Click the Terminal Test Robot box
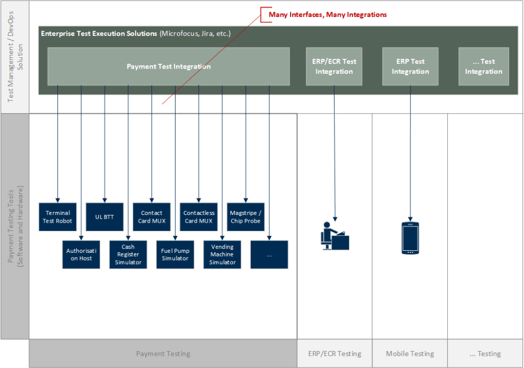click(57, 217)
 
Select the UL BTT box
click(104, 217)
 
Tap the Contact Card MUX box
click(151, 217)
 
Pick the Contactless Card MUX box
click(199, 217)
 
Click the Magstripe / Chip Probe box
click(246, 217)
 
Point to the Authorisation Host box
click(81, 255)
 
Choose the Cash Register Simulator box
click(128, 255)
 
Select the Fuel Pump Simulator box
click(175, 255)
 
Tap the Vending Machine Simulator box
click(222, 255)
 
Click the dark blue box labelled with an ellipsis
click(269, 255)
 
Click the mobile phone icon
click(410, 239)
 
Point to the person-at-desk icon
click(335, 236)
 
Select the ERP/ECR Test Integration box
click(334, 67)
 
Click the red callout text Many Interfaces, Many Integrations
click(327, 15)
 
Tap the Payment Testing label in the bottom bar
click(163, 354)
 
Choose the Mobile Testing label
click(410, 354)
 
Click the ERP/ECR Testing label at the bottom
click(335, 354)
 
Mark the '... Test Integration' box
click(484, 67)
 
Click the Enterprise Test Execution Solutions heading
click(99, 33)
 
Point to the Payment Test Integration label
click(168, 67)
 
